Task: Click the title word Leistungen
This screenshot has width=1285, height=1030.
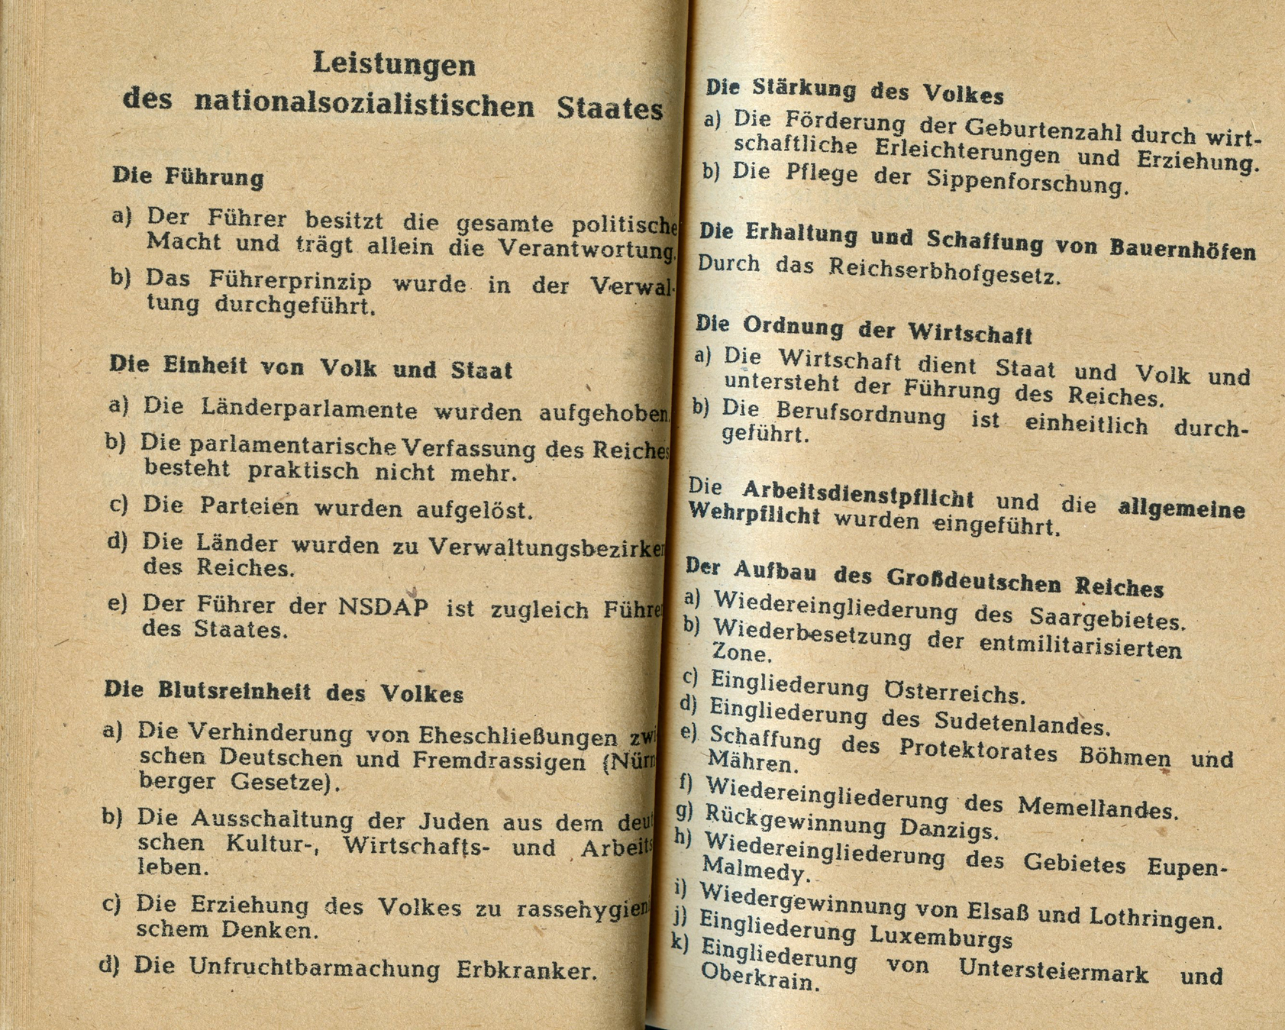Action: [394, 65]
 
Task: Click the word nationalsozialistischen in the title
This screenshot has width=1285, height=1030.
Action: [364, 104]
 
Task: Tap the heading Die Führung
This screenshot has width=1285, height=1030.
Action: [188, 177]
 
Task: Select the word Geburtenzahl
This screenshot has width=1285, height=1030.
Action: [1034, 131]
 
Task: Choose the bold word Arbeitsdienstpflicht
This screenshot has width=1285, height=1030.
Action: [857, 494]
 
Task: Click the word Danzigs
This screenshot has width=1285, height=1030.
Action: [948, 828]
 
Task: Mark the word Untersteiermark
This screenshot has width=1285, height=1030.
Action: [1054, 971]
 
